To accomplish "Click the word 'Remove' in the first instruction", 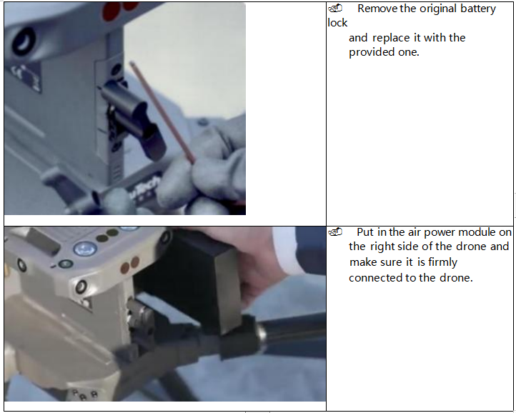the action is coord(377,9).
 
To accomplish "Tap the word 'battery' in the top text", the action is coord(478,9).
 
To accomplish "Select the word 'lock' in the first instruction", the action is coord(337,23).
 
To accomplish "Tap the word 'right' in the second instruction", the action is coord(382,247).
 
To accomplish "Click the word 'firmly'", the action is coord(442,262).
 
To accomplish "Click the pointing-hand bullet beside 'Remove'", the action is coord(335,9).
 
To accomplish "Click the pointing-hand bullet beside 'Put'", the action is coord(335,232).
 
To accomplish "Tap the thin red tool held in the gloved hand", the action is coord(162,112).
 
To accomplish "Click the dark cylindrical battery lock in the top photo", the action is coord(133,119).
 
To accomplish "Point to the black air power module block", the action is coord(194,279).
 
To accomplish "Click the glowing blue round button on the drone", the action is coord(85,249).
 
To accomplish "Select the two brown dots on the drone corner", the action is coord(129,265).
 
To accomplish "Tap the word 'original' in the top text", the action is coord(438,9).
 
